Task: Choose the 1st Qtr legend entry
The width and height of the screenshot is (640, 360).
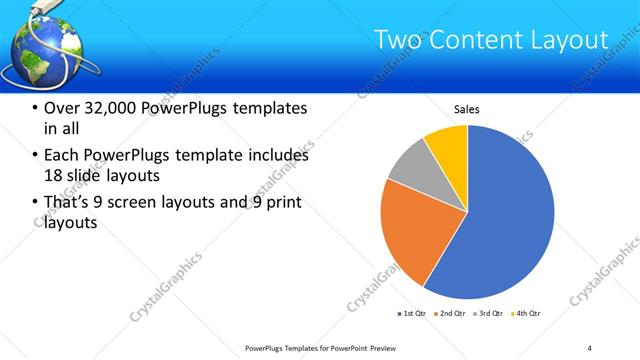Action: [x=412, y=314]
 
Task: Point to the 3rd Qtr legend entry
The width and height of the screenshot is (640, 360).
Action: [x=488, y=314]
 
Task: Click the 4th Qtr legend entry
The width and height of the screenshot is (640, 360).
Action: [x=526, y=314]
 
